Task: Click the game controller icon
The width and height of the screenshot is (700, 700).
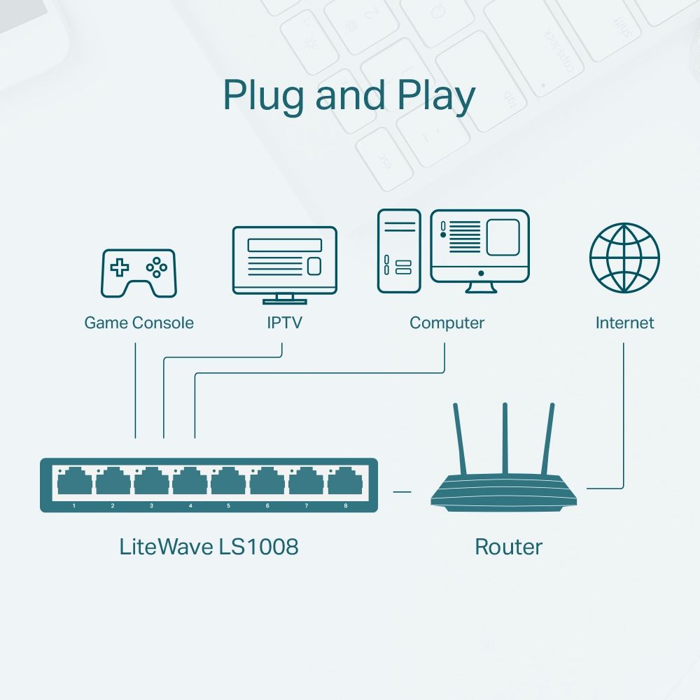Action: pos(139,273)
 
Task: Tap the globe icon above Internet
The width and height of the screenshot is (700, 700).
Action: pos(624,258)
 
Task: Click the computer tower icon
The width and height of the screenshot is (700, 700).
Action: pos(399,251)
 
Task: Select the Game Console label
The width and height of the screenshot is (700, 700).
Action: pos(139,323)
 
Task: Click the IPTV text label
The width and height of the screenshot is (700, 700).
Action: pos(284,323)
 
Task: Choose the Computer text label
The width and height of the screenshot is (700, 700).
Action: pos(447,323)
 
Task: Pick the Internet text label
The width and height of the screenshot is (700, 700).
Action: pos(624,323)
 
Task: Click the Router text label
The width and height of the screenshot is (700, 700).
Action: pos(508,547)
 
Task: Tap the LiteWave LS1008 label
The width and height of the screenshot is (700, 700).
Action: pos(209,547)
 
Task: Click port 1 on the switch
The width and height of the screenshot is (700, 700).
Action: pos(74,483)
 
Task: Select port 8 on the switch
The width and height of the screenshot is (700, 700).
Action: pos(344,483)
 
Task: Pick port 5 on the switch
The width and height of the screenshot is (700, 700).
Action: pos(228,483)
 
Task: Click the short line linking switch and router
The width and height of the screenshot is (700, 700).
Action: pos(402,491)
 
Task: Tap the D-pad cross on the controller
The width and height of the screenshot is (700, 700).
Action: pos(120,267)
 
